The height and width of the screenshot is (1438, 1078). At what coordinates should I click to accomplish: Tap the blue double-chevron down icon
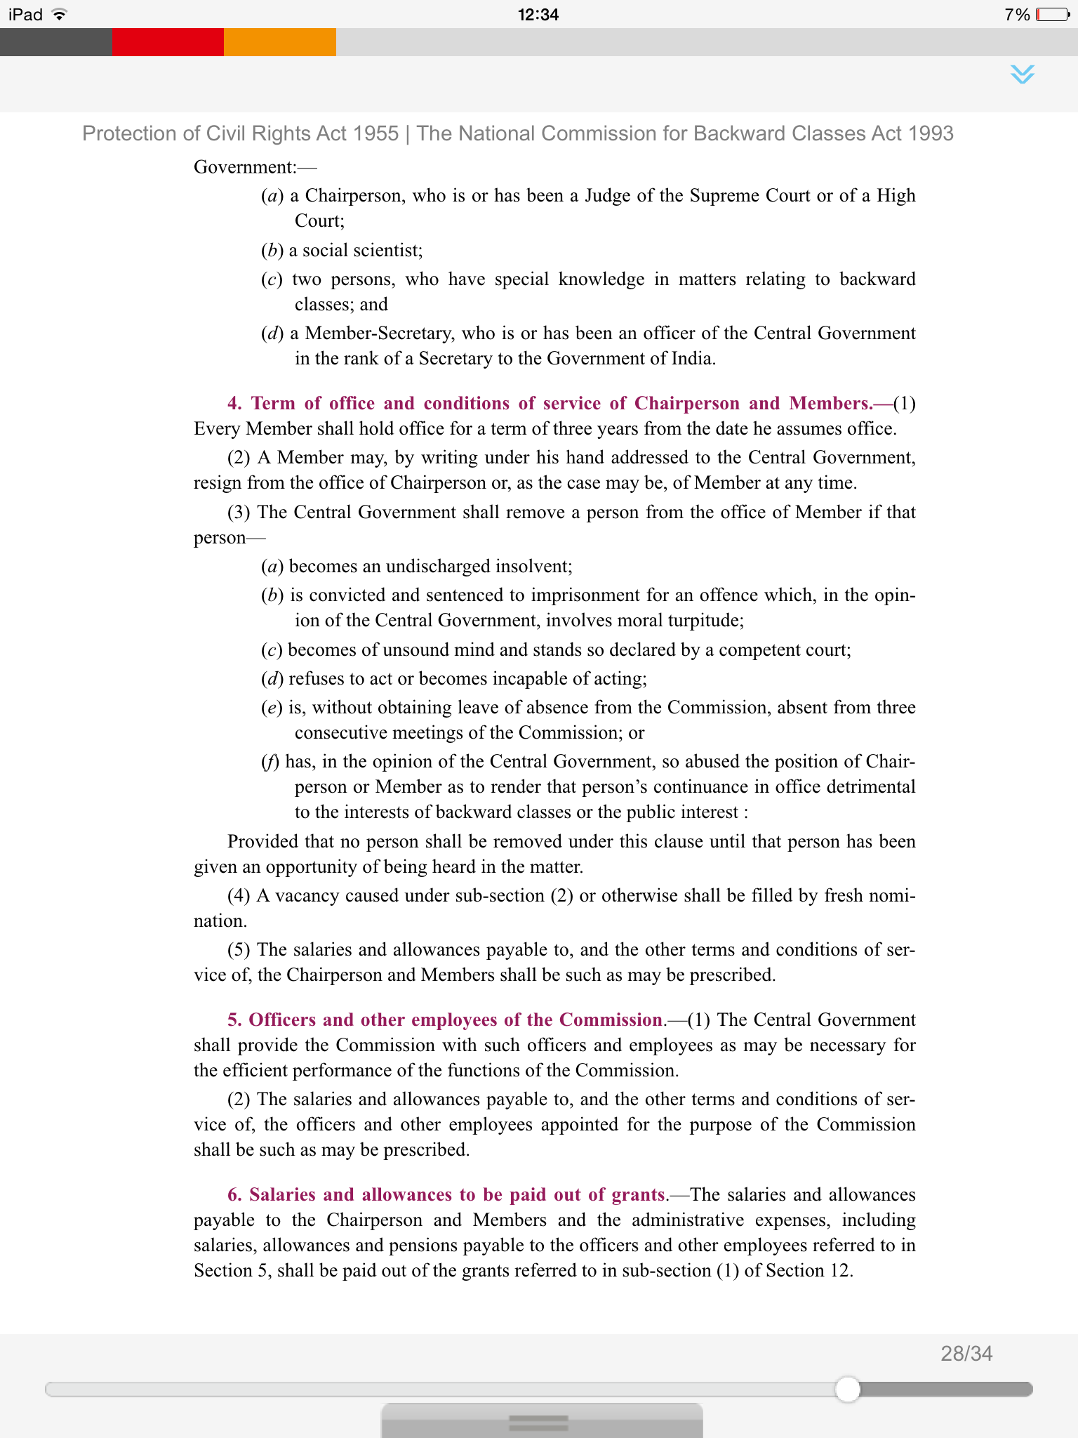click(1023, 74)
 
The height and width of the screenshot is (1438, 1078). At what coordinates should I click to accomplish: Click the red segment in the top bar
click(168, 42)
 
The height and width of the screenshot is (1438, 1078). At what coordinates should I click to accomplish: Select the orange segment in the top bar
click(280, 42)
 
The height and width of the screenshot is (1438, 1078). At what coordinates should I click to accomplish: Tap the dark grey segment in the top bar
click(55, 42)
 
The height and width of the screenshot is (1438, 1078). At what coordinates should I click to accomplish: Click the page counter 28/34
click(966, 1354)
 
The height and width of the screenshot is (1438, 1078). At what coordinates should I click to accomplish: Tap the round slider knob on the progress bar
click(848, 1389)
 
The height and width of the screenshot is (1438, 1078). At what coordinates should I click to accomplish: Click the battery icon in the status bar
click(1053, 14)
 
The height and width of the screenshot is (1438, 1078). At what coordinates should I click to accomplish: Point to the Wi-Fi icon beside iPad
click(60, 14)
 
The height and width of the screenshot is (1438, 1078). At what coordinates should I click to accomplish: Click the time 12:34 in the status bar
click(538, 14)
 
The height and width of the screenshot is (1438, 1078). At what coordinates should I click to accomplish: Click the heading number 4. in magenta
click(234, 404)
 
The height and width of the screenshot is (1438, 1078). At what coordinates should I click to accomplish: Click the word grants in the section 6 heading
click(638, 1195)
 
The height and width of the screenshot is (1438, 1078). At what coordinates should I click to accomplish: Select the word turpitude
click(704, 621)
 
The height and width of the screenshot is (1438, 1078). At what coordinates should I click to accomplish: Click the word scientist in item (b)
click(387, 251)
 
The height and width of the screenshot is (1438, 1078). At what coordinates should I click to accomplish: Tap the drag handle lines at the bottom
click(538, 1423)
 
